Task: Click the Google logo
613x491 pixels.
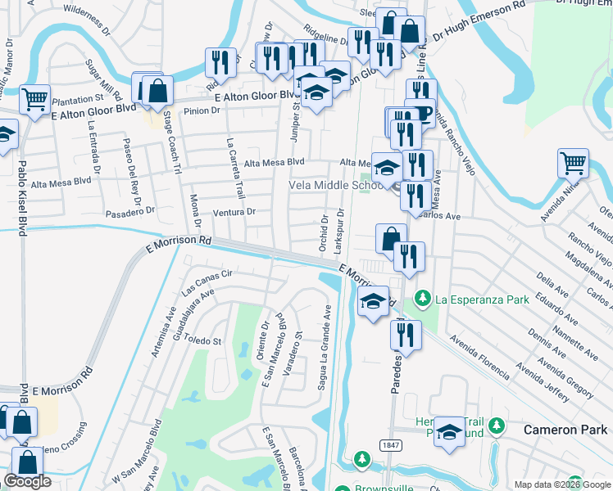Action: point(28,482)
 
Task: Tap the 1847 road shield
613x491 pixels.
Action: point(391,444)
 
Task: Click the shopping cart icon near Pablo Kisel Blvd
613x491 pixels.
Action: point(34,101)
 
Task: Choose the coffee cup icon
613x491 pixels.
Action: point(420,112)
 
